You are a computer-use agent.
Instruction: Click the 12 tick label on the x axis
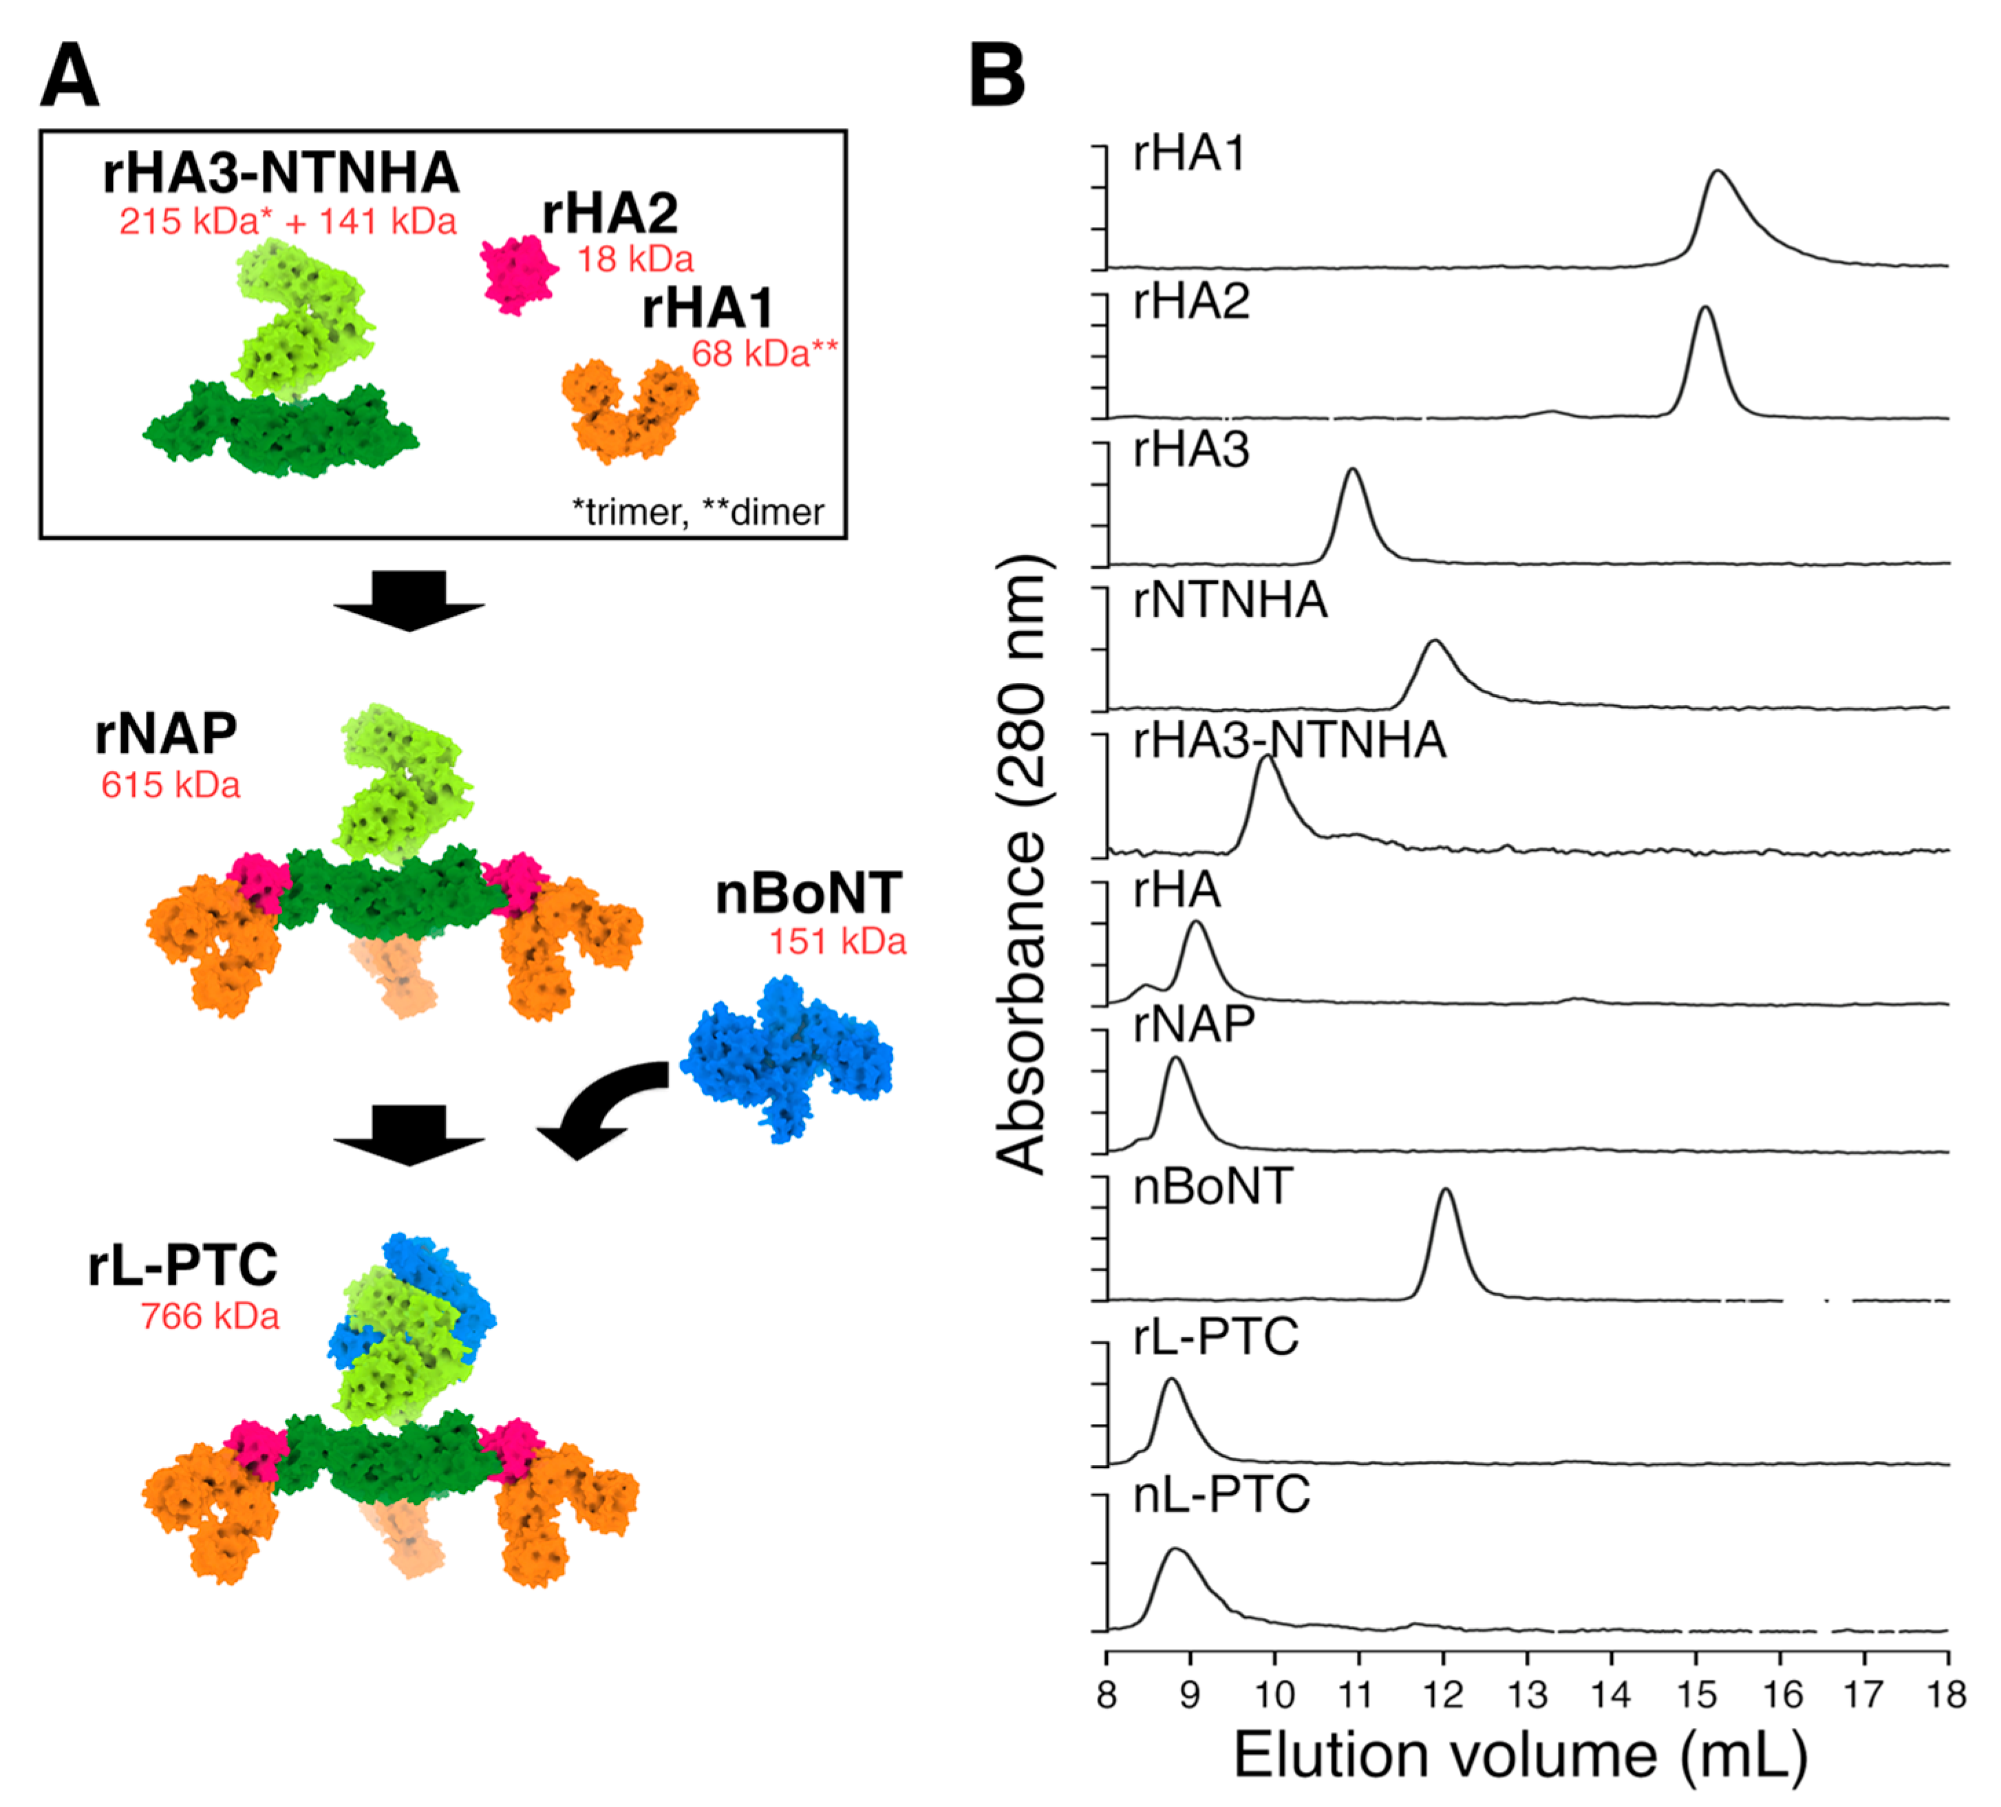coord(1442,1694)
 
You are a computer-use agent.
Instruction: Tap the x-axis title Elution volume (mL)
coord(1519,1755)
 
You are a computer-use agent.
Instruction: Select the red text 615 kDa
coord(171,785)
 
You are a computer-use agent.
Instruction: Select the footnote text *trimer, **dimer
coord(697,512)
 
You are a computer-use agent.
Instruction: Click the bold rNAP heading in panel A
coord(166,735)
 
